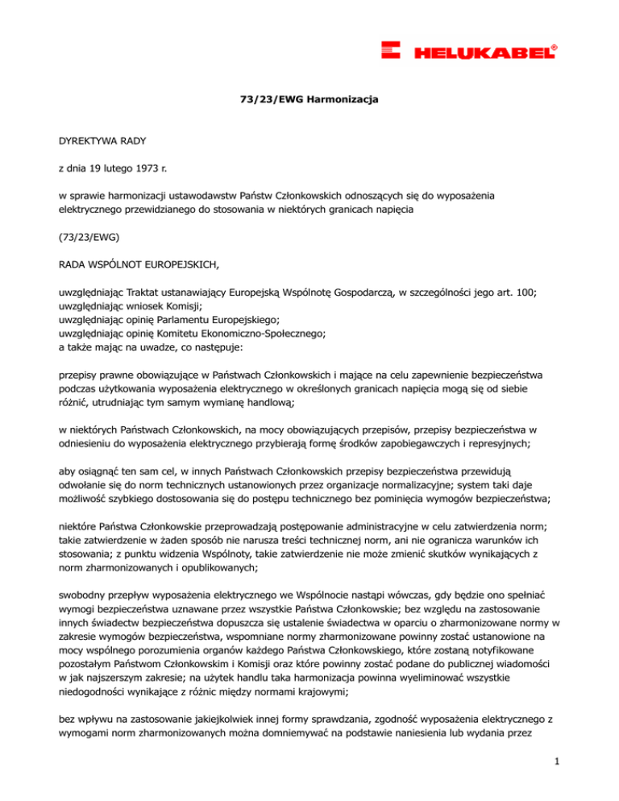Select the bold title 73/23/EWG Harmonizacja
(x=309, y=99)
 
